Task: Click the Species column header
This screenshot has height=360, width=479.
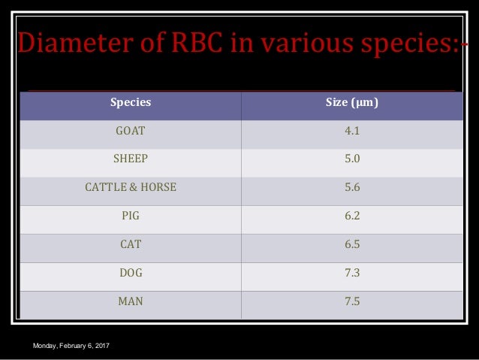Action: coord(131,102)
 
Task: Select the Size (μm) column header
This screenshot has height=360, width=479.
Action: coord(352,102)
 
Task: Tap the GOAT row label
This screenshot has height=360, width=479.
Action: coord(131,130)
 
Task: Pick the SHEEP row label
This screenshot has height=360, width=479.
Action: coord(131,159)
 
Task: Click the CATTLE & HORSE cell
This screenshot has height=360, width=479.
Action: coord(131,187)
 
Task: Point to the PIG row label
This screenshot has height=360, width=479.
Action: coord(131,216)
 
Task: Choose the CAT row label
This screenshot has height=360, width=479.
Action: coord(131,244)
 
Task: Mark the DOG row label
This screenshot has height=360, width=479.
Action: coord(131,273)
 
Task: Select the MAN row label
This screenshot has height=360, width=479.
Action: coord(131,301)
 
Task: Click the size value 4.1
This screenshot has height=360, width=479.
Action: coord(352,130)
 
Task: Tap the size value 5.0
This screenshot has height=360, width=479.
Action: coord(352,159)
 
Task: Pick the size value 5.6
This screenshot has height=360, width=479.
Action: coord(352,187)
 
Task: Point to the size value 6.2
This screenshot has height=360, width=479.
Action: coord(352,216)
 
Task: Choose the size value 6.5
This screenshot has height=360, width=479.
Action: coord(352,244)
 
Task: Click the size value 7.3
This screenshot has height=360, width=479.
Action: coord(352,273)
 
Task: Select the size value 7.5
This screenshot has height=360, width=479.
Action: coord(352,301)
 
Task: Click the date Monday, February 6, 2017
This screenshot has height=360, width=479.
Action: coord(70,345)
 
